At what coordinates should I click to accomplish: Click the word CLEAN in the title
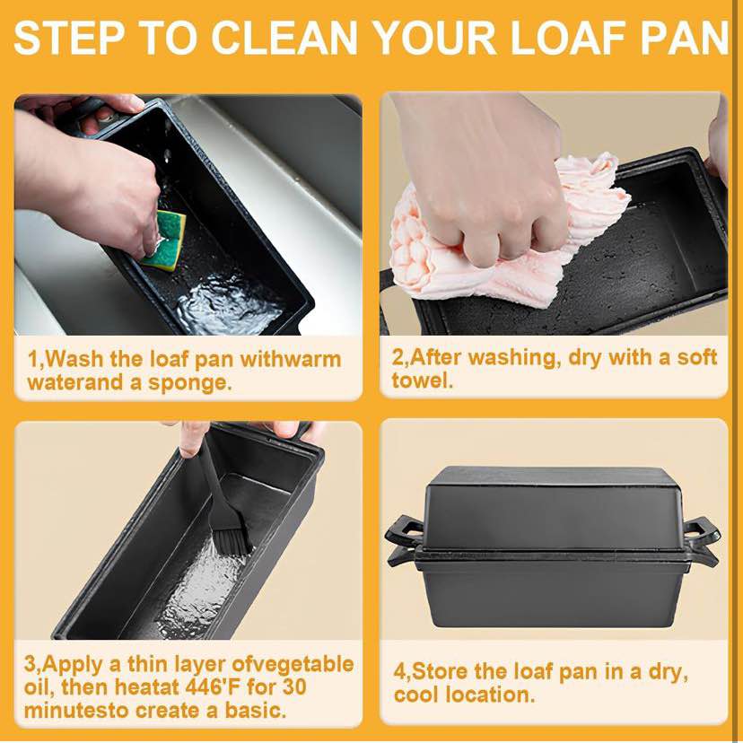[x=284, y=38]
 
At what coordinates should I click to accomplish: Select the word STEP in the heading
[x=68, y=38]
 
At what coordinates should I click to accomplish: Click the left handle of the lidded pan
[x=404, y=541]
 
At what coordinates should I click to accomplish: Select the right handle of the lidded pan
[x=703, y=541]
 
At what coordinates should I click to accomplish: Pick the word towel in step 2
[x=423, y=380]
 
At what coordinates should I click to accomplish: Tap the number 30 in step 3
[x=294, y=687]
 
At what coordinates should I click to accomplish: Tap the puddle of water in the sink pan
[x=227, y=303]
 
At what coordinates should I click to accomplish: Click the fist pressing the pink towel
[x=493, y=189]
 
